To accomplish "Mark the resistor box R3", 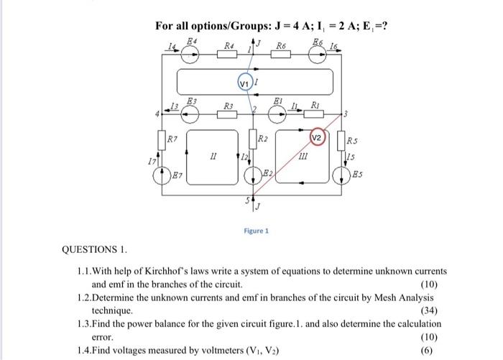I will tap(229, 114).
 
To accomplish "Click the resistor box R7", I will tap(162, 139).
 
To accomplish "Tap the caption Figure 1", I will tap(256, 231).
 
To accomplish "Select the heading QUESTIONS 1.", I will tap(94, 250).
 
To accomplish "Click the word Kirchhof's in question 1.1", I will tap(165, 272).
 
